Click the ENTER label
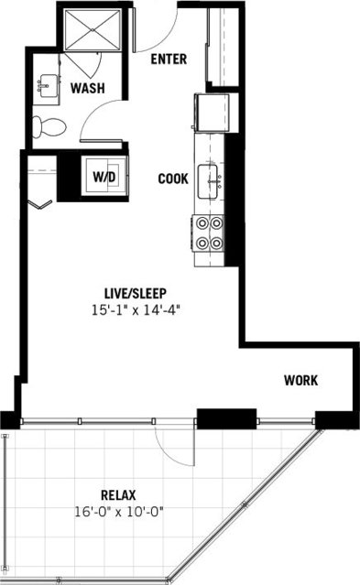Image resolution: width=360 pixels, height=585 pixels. (x=168, y=60)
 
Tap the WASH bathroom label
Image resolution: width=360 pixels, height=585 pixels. (x=85, y=89)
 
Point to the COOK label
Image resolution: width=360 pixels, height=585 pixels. (x=173, y=179)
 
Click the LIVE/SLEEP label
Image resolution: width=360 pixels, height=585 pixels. (x=135, y=293)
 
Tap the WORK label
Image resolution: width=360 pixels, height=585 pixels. (x=300, y=380)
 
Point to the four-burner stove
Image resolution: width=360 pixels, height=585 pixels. (x=207, y=233)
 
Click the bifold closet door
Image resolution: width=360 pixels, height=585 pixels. (x=38, y=203)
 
